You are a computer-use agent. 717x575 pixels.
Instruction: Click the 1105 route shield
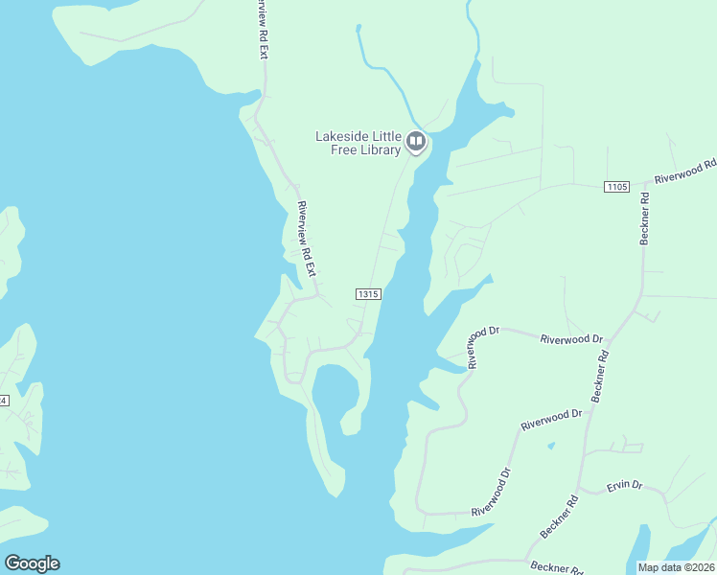pyautogui.click(x=617, y=186)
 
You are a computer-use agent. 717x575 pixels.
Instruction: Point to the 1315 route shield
pyautogui.click(x=369, y=294)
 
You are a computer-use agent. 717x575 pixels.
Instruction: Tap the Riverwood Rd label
pyautogui.click(x=685, y=172)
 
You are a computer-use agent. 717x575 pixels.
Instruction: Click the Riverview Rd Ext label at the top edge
pyautogui.click(x=260, y=30)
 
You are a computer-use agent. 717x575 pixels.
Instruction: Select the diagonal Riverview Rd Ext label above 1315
pyautogui.click(x=307, y=239)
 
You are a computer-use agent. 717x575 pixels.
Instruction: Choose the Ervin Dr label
pyautogui.click(x=624, y=486)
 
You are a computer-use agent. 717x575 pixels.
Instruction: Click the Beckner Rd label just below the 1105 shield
pyautogui.click(x=645, y=218)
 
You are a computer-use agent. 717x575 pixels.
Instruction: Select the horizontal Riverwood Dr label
pyautogui.click(x=570, y=339)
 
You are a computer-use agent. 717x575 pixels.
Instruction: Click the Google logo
pyautogui.click(x=32, y=563)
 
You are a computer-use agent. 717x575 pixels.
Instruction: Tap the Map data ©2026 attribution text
pyautogui.click(x=676, y=567)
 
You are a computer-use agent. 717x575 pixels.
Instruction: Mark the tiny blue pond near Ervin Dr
pyautogui.click(x=550, y=446)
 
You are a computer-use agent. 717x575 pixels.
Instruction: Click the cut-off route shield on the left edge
pyautogui.click(x=4, y=400)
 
